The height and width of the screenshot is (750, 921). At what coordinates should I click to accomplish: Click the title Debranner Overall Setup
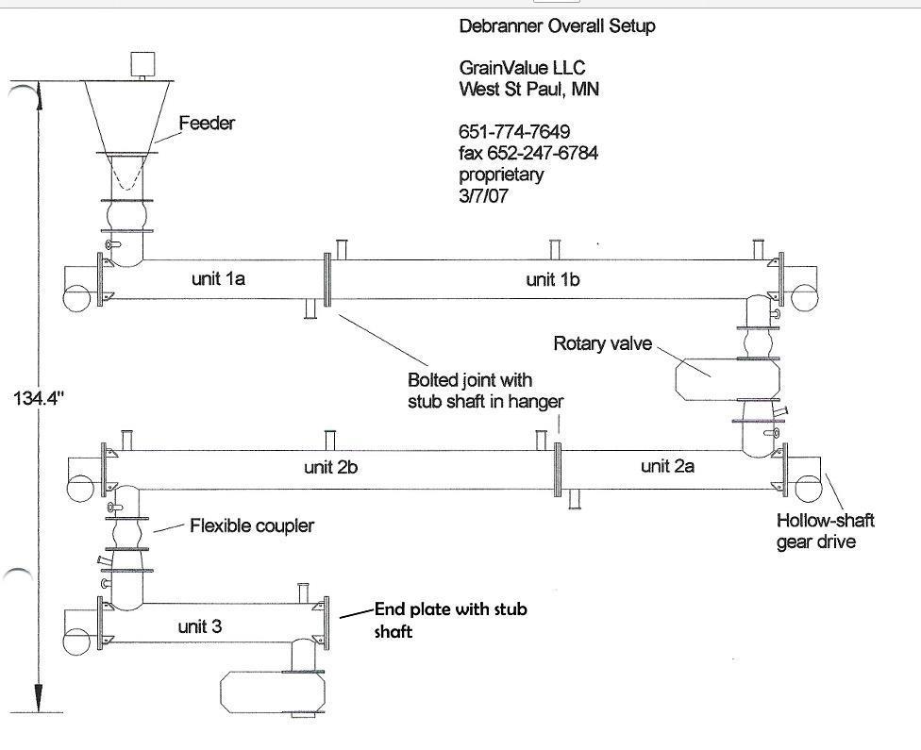557,26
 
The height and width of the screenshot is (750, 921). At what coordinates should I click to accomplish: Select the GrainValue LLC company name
522,68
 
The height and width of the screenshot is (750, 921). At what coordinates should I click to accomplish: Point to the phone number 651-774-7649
514,131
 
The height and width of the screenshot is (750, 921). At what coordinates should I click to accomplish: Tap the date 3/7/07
483,196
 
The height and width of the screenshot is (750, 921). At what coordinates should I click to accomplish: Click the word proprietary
501,175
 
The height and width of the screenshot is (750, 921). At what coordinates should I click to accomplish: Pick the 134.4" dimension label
38,399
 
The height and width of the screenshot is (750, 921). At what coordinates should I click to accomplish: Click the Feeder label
207,124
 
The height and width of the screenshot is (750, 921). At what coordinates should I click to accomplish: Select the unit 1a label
218,279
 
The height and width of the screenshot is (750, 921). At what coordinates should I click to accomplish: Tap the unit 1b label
553,279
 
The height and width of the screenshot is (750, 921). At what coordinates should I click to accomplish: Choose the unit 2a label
667,465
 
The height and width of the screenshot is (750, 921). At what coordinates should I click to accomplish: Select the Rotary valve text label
602,344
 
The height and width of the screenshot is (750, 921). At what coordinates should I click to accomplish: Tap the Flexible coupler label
252,525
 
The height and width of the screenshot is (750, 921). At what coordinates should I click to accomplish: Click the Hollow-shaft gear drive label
825,531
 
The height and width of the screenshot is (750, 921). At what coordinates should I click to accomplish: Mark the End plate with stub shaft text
450,620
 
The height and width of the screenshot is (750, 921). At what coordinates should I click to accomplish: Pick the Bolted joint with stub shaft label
485,391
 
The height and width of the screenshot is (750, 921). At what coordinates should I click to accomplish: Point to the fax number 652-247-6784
528,153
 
